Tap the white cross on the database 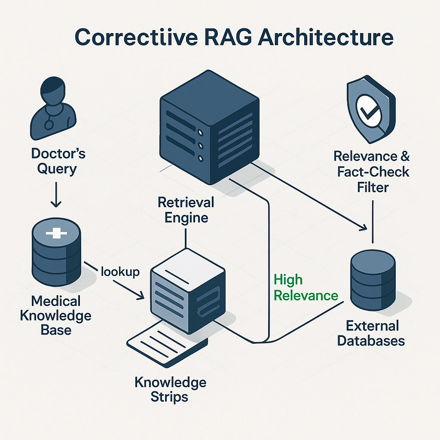[x=56, y=234]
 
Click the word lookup [x=120, y=272]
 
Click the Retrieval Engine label [x=186, y=210]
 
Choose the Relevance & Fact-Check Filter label [x=372, y=171]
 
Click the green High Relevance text [x=306, y=288]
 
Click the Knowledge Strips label [x=170, y=389]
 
